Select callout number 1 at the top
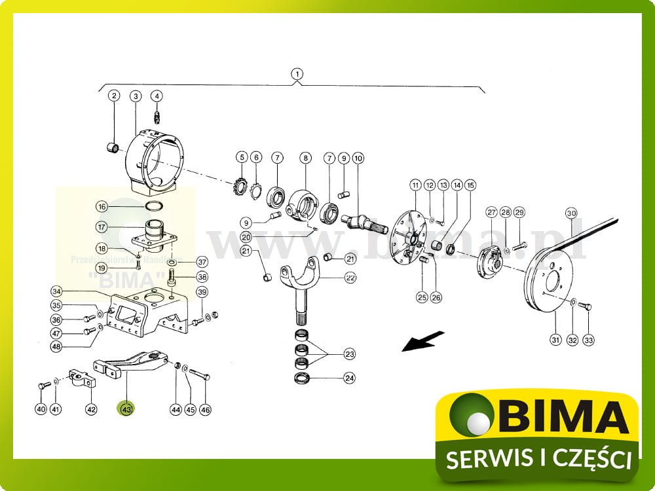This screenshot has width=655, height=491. [297, 74]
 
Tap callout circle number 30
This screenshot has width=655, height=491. [571, 213]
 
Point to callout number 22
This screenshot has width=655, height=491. [350, 278]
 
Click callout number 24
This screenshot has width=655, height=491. [350, 378]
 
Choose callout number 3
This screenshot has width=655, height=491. [136, 96]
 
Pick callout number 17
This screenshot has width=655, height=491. [102, 227]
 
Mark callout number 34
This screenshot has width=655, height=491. [57, 291]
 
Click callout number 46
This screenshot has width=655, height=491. [206, 409]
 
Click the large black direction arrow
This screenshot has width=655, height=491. [422, 342]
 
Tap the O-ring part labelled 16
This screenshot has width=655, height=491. [155, 206]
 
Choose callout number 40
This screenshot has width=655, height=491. [41, 409]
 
